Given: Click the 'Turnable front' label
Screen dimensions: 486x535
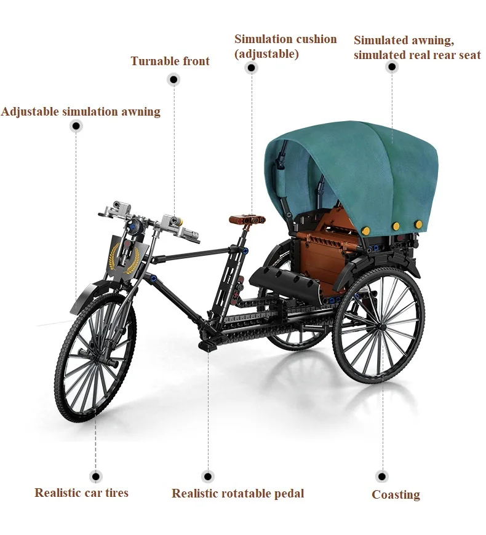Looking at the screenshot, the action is (x=170, y=61).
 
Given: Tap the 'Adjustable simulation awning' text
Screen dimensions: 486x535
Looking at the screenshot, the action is (x=81, y=111).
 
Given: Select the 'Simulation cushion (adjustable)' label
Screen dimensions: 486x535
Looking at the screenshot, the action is (x=285, y=46).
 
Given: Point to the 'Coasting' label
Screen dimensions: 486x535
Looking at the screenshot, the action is (x=396, y=494).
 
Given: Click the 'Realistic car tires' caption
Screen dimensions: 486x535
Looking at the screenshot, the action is (x=81, y=492).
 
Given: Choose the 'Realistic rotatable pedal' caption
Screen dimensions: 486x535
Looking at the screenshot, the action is (x=237, y=493).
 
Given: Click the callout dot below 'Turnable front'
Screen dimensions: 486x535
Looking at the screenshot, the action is (x=173, y=79).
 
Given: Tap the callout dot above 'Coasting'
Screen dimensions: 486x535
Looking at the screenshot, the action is (x=381, y=476).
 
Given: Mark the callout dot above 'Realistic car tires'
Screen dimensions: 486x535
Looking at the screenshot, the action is (x=95, y=476).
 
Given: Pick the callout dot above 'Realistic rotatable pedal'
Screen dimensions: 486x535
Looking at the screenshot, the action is (x=208, y=476).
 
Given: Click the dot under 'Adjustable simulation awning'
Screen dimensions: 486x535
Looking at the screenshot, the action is (x=76, y=127).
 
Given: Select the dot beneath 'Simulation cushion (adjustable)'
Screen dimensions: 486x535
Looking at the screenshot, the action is (x=251, y=68).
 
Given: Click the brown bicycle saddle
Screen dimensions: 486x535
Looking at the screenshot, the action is (x=248, y=218).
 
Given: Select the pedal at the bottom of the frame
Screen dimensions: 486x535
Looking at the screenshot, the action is (x=209, y=347).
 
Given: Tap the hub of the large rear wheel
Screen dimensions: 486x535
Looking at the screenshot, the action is (x=378, y=325).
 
